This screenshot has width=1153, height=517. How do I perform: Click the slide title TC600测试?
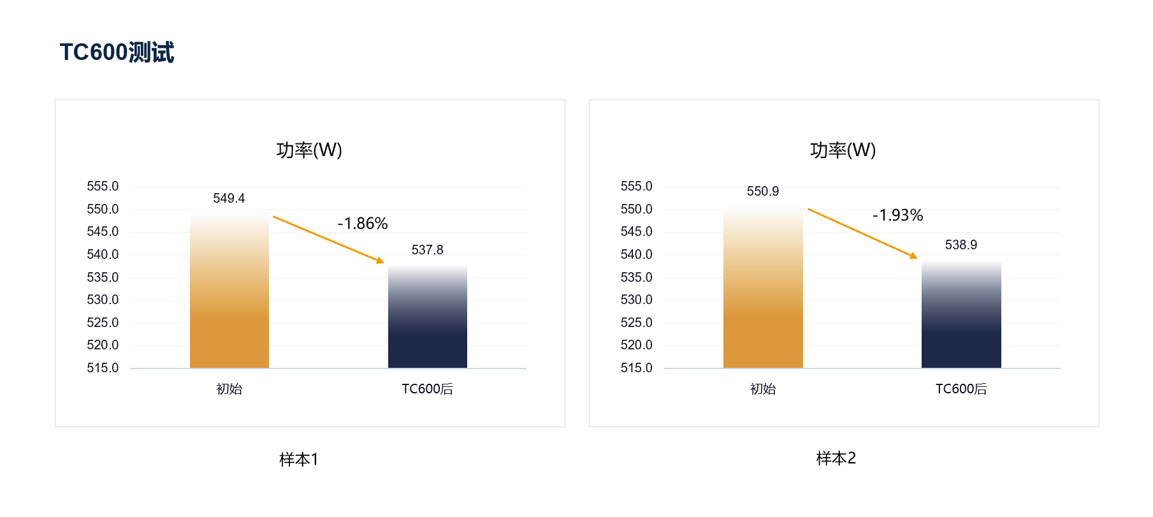[117, 52]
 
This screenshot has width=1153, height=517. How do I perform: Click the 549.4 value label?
[229, 198]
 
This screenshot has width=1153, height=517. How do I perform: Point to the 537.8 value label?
[427, 250]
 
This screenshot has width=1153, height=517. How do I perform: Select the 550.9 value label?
[763, 191]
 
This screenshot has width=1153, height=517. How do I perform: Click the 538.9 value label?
[961, 245]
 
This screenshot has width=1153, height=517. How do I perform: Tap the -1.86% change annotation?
[363, 223]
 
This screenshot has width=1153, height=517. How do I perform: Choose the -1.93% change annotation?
[897, 215]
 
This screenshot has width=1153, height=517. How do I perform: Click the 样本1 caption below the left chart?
[298, 459]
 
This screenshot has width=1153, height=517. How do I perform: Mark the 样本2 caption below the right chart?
[836, 458]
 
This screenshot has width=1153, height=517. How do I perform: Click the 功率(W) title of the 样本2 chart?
[843, 150]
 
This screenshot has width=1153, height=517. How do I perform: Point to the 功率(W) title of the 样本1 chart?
[309, 150]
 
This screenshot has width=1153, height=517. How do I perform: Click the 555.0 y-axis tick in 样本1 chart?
[103, 186]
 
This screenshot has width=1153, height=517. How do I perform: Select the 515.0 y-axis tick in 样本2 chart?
[636, 368]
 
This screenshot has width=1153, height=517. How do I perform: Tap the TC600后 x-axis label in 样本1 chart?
[427, 389]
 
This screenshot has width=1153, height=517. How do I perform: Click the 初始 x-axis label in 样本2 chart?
[763, 389]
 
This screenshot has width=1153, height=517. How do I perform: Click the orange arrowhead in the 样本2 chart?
[914, 256]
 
